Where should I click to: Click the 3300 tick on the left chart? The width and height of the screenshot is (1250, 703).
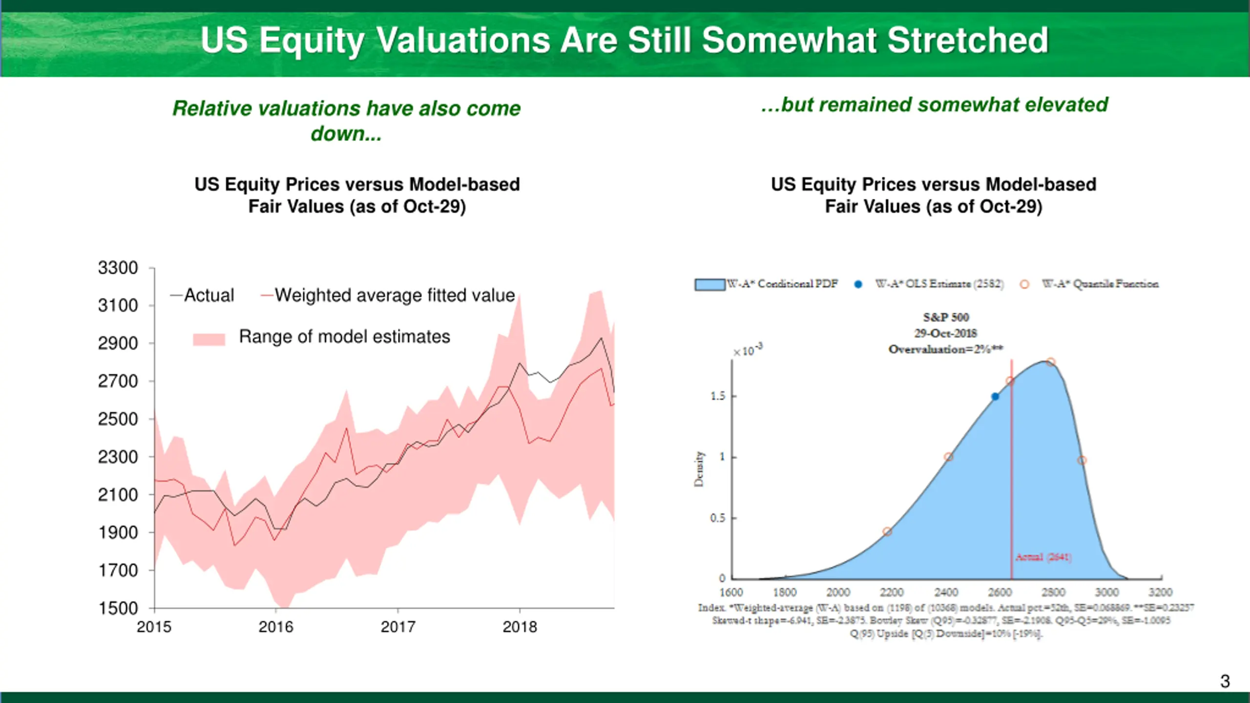pos(118,268)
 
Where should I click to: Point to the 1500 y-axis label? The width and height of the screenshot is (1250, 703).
pos(118,609)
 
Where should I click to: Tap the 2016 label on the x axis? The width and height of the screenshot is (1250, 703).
pos(276,627)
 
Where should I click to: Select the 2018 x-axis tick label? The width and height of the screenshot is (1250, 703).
pos(520,627)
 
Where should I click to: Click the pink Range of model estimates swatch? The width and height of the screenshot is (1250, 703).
pos(209,339)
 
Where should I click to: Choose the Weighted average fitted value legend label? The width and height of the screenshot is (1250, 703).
pos(395,296)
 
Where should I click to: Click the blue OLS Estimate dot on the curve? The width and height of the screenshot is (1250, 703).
pos(995,397)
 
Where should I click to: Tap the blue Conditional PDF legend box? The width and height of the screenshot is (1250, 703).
pos(709,284)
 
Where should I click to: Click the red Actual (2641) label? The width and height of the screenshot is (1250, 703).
pos(1043,557)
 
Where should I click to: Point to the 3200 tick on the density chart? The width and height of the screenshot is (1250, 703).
pos(1160,593)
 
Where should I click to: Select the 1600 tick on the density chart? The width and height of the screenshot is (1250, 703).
pos(731,593)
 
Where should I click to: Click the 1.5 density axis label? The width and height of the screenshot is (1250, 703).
pos(717,396)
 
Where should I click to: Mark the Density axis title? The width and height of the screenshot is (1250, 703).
pos(699,469)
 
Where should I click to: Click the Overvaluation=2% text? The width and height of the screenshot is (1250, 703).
pos(946,349)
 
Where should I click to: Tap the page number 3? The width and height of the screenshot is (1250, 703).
pos(1225,682)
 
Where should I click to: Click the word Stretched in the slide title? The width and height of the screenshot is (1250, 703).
pos(968,40)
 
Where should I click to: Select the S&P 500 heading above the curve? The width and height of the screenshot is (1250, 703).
pos(946,318)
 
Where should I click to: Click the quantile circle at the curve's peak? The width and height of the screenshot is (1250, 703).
pos(1051,362)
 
